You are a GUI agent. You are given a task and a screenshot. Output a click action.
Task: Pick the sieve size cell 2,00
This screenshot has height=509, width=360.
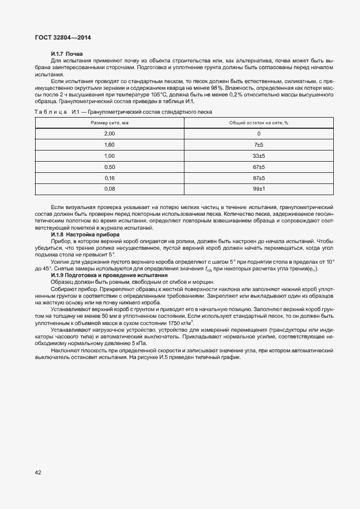(x=110, y=134)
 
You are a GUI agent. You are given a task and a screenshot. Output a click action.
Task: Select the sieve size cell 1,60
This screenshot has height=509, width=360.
(x=110, y=145)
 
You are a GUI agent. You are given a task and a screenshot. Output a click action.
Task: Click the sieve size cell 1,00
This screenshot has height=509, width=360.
(x=110, y=156)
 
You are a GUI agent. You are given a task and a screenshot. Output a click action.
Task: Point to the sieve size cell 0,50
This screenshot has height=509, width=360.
(x=110, y=167)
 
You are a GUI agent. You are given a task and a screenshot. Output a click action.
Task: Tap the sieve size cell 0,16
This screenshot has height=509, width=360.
(x=110, y=178)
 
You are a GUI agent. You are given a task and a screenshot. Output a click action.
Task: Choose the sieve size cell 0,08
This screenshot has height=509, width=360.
(x=110, y=190)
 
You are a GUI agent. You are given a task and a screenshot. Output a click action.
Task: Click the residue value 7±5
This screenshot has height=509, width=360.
(x=259, y=145)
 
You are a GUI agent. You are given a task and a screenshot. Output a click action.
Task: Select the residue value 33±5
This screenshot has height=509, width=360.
(x=259, y=156)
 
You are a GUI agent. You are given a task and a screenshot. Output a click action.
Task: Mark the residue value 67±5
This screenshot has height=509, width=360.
(x=259, y=167)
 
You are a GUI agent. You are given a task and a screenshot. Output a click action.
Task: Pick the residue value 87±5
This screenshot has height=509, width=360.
(x=259, y=178)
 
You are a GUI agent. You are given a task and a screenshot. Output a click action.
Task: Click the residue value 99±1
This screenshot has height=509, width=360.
(x=259, y=190)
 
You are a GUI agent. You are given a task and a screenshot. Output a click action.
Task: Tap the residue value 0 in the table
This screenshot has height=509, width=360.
(x=259, y=134)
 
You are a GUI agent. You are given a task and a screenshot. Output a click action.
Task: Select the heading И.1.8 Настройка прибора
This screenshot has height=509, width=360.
(x=85, y=235)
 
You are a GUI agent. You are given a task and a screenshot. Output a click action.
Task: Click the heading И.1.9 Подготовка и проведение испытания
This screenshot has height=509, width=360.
(x=109, y=275)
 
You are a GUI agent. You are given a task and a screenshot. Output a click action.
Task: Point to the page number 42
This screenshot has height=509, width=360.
(x=38, y=472)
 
